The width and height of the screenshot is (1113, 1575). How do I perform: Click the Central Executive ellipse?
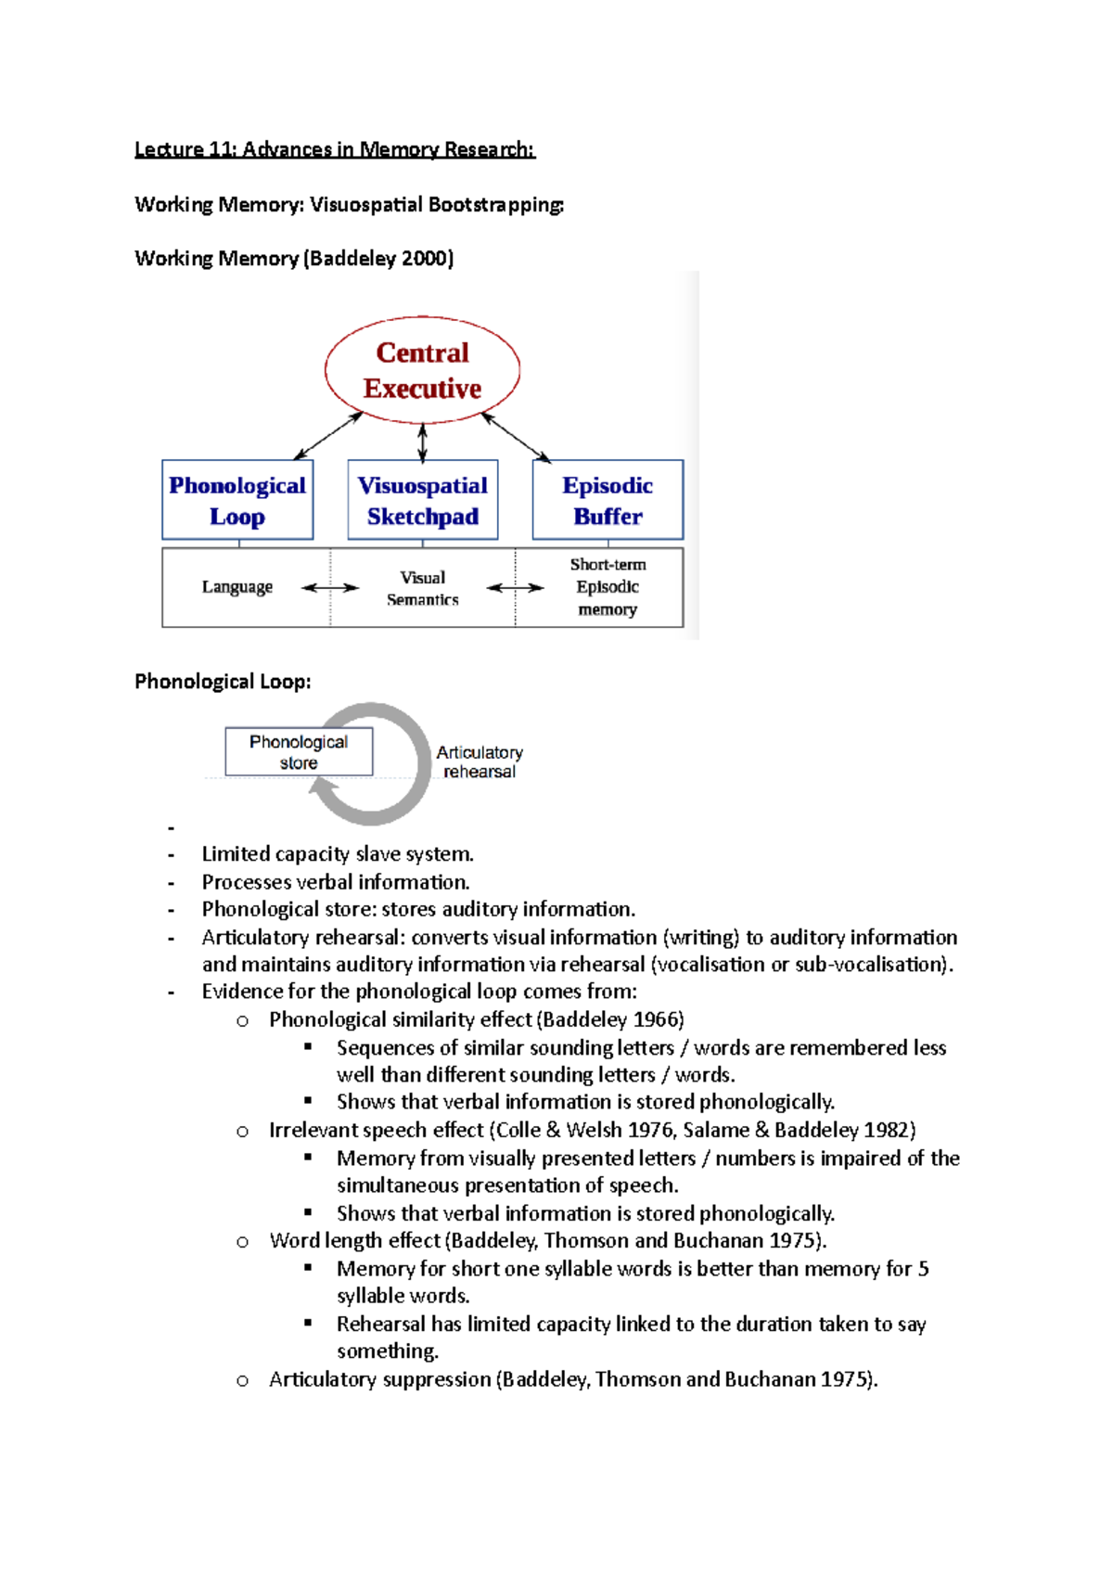click(x=422, y=370)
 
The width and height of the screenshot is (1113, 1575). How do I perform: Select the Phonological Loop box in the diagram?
click(x=237, y=500)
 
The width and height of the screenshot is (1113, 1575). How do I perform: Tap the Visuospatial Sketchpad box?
click(x=422, y=500)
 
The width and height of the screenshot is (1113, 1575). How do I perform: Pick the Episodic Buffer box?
click(x=608, y=500)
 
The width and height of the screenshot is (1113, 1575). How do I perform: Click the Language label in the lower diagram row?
click(x=237, y=587)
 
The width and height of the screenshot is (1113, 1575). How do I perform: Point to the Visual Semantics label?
click(x=422, y=588)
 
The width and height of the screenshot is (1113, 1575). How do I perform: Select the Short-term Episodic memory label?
click(x=608, y=586)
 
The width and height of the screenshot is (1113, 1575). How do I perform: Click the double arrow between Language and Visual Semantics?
click(x=330, y=587)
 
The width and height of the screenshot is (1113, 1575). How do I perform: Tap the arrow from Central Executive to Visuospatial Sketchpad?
click(x=423, y=442)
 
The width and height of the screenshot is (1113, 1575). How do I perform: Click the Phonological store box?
click(x=299, y=751)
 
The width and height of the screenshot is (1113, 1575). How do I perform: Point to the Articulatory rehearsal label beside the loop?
click(x=480, y=762)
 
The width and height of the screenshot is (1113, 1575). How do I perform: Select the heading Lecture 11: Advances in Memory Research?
click(x=335, y=149)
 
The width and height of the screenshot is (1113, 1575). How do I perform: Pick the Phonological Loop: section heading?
click(x=223, y=682)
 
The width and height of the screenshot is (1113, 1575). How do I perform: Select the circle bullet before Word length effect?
click(x=242, y=1242)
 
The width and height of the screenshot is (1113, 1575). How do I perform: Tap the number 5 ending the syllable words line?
click(x=923, y=1269)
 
